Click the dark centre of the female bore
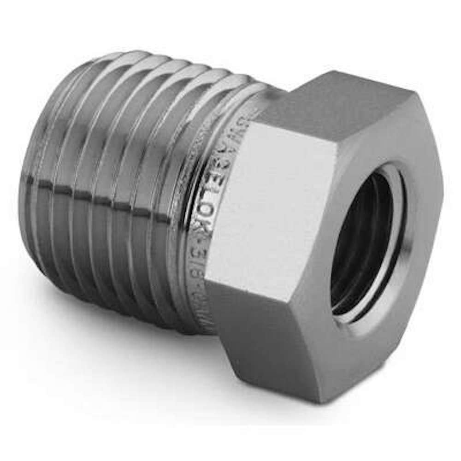pos(364,240)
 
